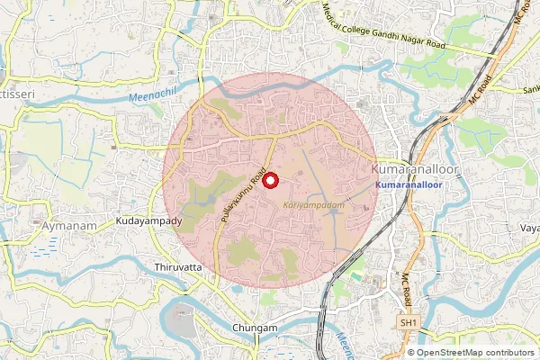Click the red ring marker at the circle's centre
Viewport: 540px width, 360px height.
(x=269, y=179)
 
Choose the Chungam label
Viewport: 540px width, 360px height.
(x=255, y=328)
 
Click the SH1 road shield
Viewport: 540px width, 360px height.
(x=409, y=321)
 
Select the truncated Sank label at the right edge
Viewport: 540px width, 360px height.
(x=530, y=89)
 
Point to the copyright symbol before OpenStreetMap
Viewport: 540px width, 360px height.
(x=411, y=352)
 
